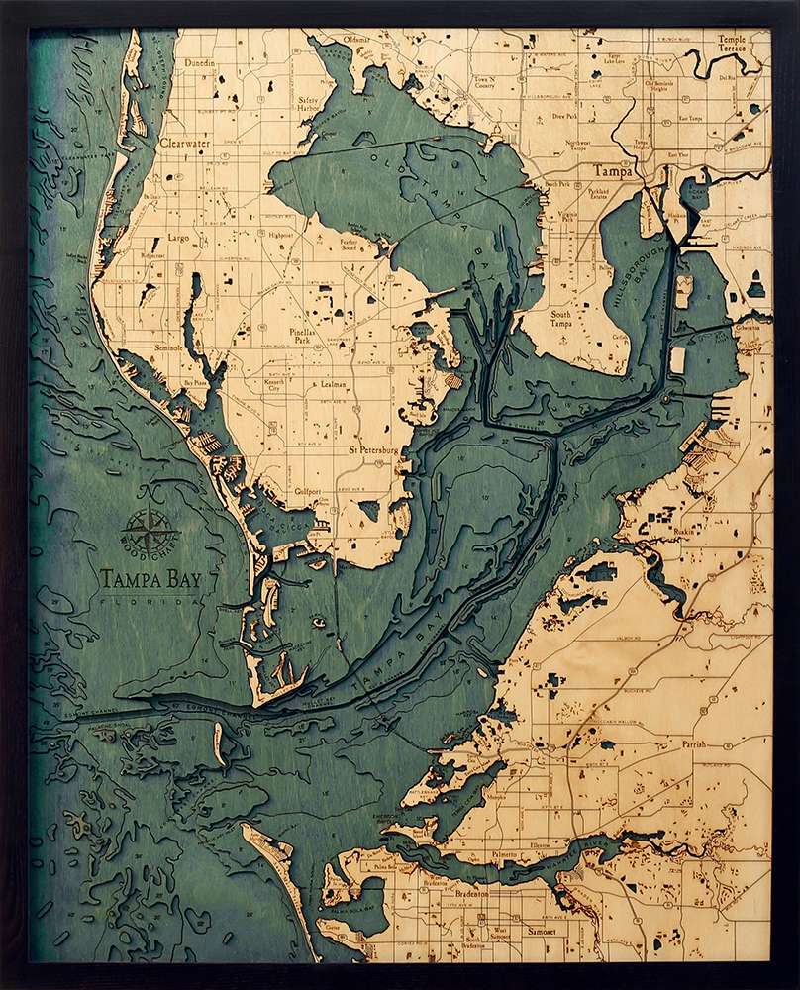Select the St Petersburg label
point(372,450)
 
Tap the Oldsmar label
point(356,41)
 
